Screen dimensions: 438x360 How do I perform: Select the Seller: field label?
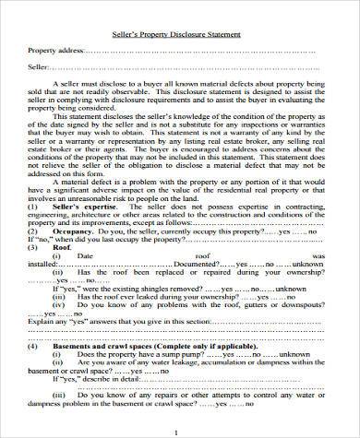(39, 67)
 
